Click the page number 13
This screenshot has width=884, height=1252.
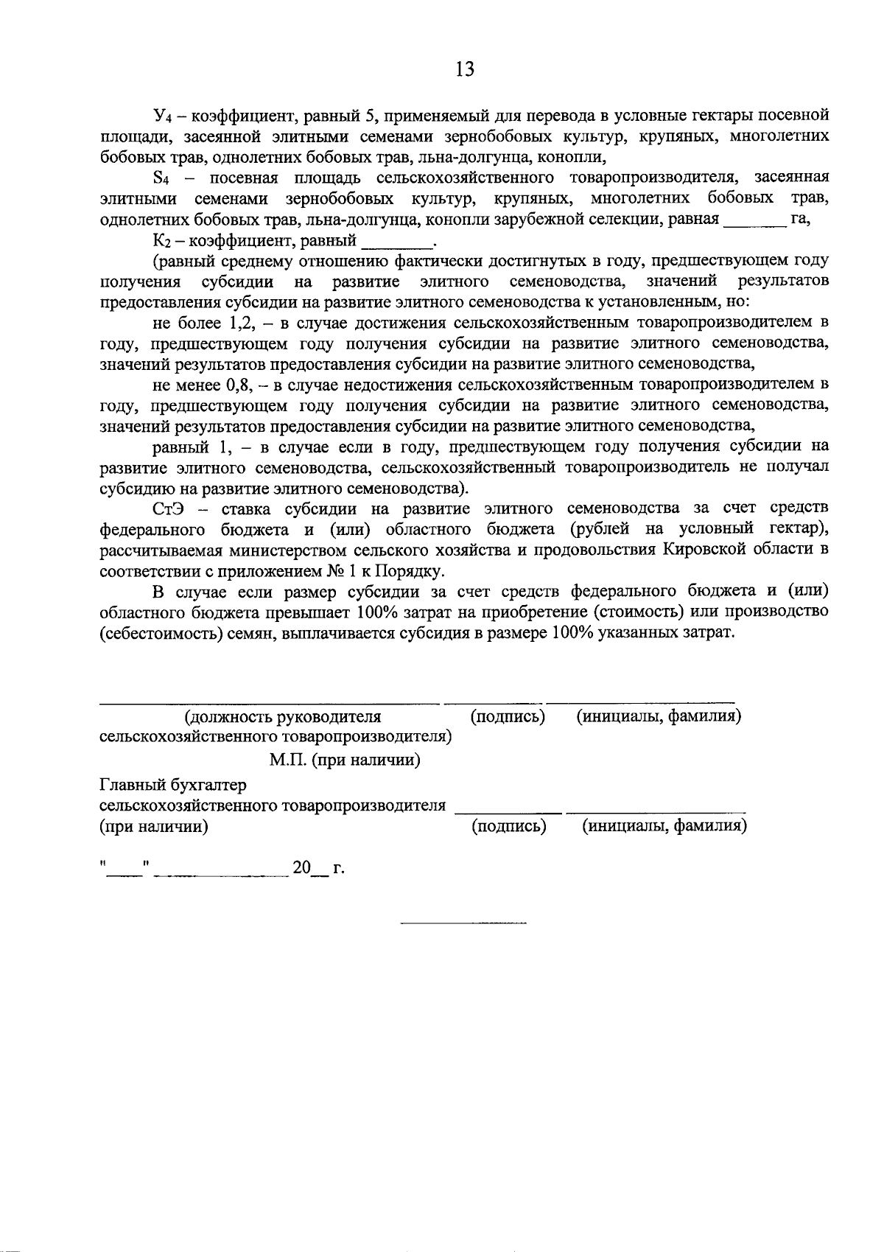point(465,69)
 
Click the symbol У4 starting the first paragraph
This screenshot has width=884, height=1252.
point(162,116)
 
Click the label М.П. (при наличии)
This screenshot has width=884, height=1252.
point(345,760)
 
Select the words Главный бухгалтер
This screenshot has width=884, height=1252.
point(173,786)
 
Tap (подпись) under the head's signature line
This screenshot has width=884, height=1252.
point(508,716)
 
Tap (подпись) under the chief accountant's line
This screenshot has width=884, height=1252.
point(508,826)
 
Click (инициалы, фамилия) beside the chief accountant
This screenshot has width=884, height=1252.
point(665,826)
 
